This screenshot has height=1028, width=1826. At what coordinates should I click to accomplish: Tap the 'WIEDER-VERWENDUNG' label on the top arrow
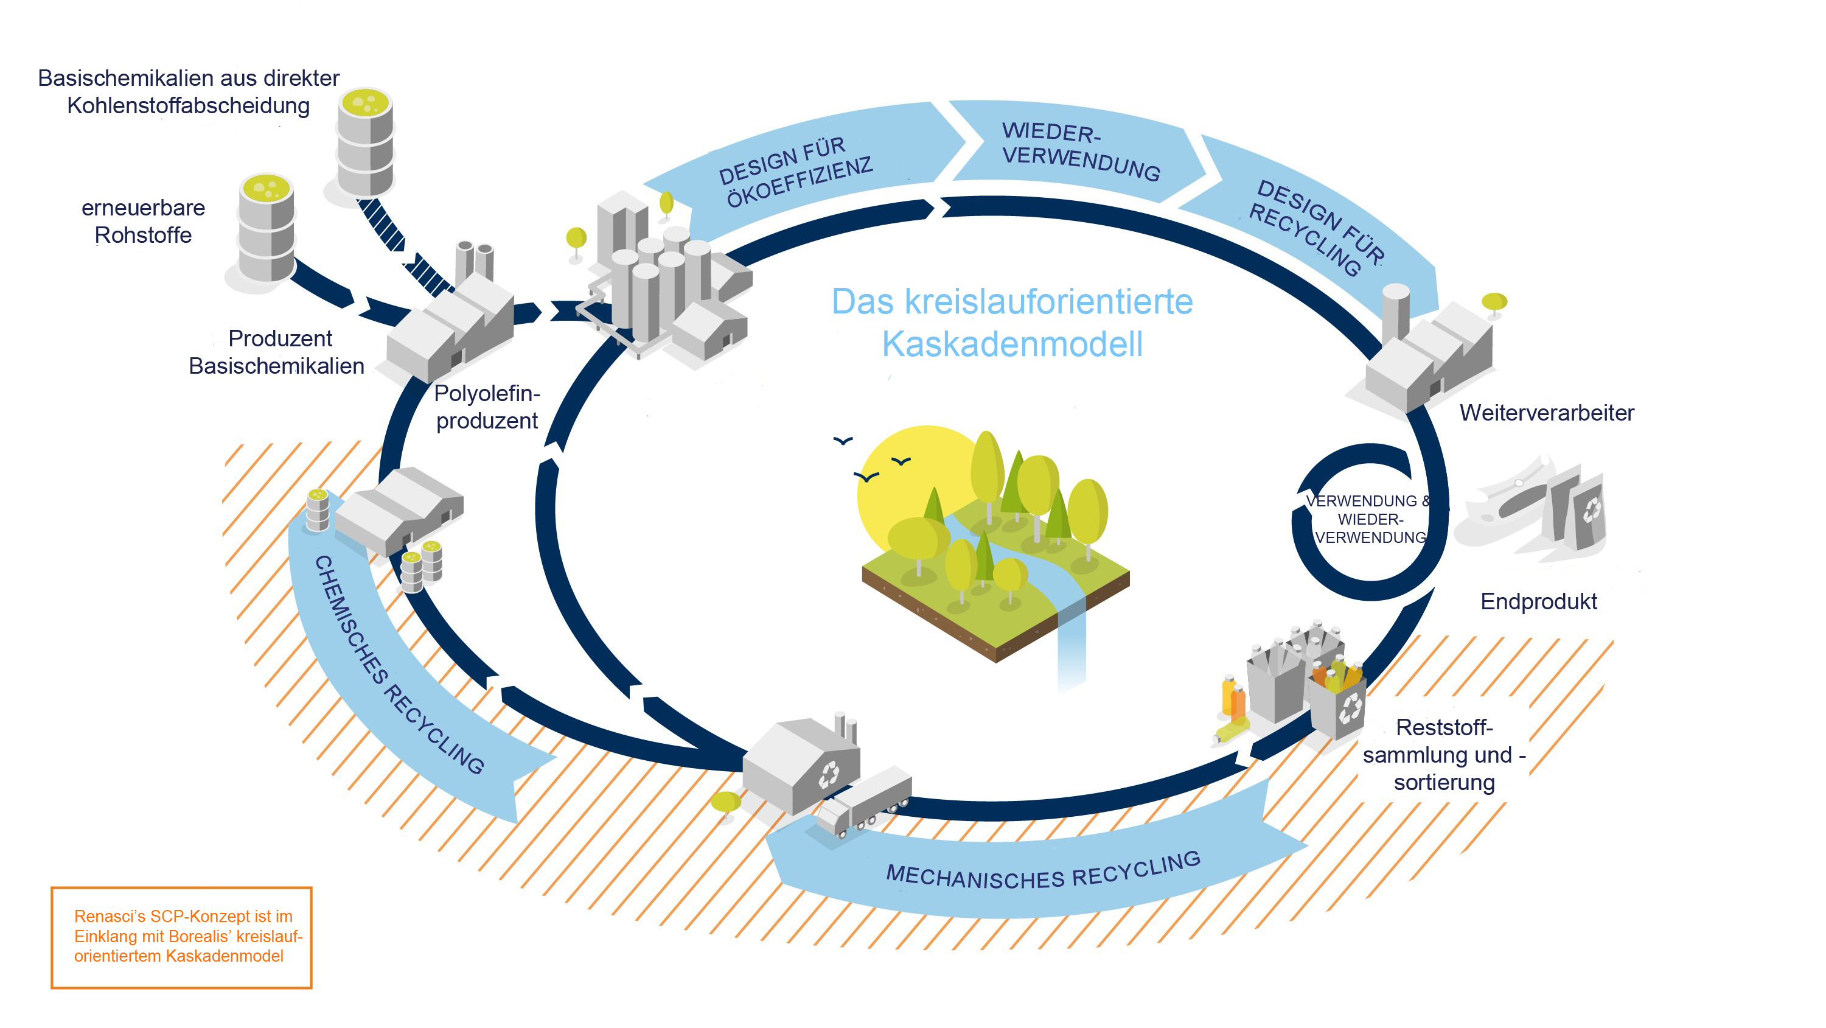click(1079, 150)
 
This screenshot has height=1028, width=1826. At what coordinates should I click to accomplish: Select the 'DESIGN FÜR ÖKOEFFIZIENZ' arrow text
click(795, 172)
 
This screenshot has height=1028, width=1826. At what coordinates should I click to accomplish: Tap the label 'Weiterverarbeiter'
click(1546, 413)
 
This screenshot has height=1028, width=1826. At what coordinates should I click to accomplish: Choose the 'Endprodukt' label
click(1538, 601)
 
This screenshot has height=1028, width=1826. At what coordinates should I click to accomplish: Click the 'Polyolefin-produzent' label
click(487, 407)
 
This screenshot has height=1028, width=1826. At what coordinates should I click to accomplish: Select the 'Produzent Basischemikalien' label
click(277, 352)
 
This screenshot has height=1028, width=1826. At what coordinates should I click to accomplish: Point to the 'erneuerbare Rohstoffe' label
click(143, 221)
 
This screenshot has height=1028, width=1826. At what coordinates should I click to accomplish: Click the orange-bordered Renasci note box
click(181, 937)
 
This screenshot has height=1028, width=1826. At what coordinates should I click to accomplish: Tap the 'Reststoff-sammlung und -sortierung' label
click(1444, 755)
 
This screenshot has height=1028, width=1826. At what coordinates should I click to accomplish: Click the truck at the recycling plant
click(865, 802)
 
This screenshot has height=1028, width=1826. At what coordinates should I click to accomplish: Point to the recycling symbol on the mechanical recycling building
click(828, 774)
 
